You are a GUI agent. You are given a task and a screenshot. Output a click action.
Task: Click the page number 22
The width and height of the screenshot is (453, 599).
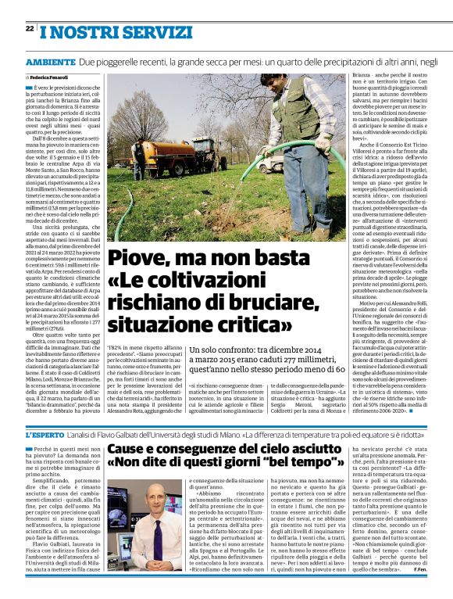30,28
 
